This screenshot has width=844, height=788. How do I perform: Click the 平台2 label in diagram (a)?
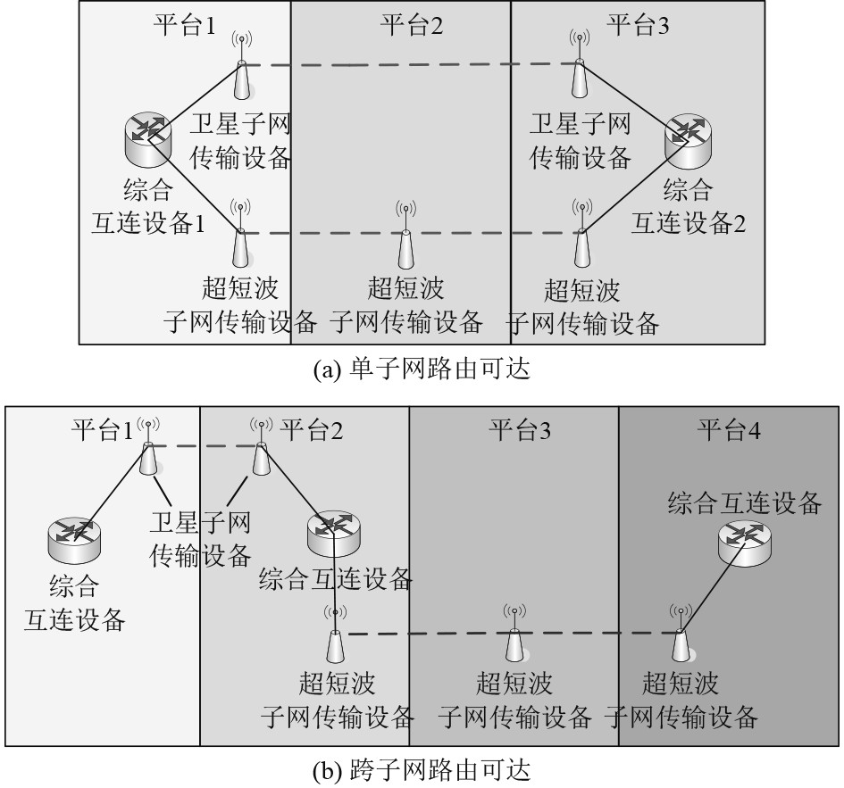click(412, 24)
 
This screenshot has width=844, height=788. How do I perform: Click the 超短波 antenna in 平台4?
click(680, 635)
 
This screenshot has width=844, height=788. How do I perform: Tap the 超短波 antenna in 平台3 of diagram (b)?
click(514, 635)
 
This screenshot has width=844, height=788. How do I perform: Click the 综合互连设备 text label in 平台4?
click(745, 504)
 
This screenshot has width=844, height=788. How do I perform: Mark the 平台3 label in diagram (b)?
click(519, 431)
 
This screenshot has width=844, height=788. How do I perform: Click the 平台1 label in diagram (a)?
click(182, 24)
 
